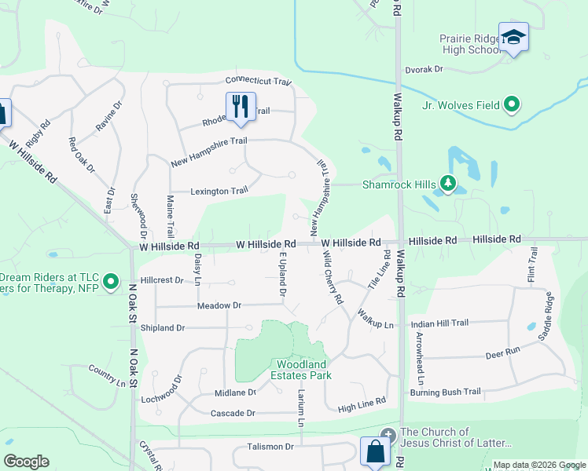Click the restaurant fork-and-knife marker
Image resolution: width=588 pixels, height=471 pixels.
241,105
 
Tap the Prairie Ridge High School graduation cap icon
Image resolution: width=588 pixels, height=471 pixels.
513,37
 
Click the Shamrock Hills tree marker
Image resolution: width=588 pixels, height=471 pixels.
448,184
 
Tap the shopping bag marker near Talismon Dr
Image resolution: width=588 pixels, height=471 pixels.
375,452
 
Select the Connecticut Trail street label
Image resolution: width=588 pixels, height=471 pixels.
259,81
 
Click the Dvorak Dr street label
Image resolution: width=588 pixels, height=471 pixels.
424,69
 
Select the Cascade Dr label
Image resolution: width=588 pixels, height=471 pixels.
233,413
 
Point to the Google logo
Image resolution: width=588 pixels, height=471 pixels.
26,462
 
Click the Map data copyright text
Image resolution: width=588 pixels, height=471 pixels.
538,465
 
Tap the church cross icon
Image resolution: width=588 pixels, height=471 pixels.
387,434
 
